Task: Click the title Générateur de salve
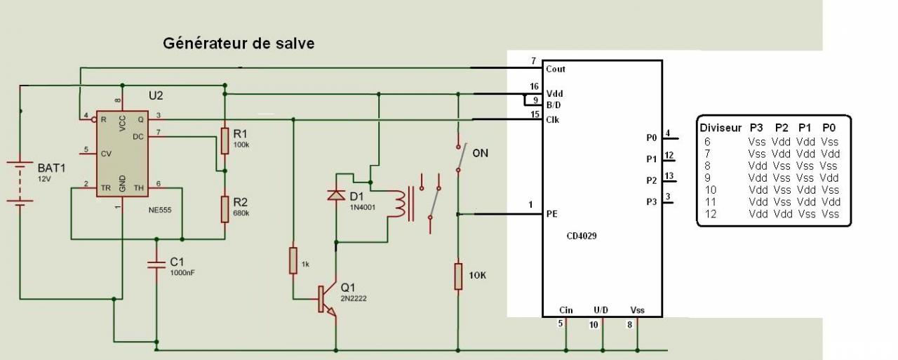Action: click(x=239, y=44)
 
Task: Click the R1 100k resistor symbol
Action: click(x=224, y=140)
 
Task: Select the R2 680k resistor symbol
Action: click(x=224, y=209)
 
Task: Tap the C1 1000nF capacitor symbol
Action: click(x=156, y=265)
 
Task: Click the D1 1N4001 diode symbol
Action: click(x=336, y=195)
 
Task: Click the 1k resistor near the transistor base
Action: click(x=293, y=260)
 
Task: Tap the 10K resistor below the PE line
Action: click(x=457, y=276)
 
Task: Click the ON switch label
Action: click(x=482, y=153)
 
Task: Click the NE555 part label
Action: click(x=159, y=209)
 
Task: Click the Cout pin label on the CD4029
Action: click(x=556, y=69)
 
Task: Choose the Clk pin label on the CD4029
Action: click(x=553, y=119)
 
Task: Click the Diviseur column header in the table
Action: click(x=720, y=128)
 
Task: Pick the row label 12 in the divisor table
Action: click(x=711, y=214)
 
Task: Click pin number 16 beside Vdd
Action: click(x=534, y=86)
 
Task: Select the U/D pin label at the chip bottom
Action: click(x=601, y=309)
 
